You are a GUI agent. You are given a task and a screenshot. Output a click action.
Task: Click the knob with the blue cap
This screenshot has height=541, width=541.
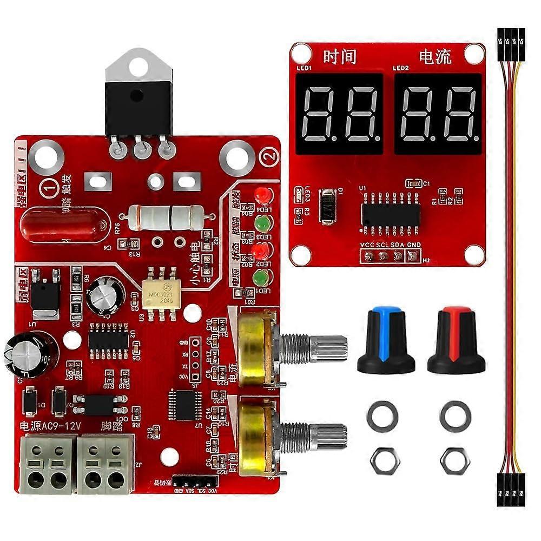(385, 341)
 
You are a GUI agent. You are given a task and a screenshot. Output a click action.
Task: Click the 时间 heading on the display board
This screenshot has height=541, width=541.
(340, 56)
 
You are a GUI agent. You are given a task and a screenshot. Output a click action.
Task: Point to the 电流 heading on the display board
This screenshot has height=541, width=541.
(435, 56)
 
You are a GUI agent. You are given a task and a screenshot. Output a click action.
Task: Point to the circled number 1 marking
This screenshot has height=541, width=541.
(50, 188)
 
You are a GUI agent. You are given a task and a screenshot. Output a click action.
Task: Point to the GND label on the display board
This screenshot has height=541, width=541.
(413, 245)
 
